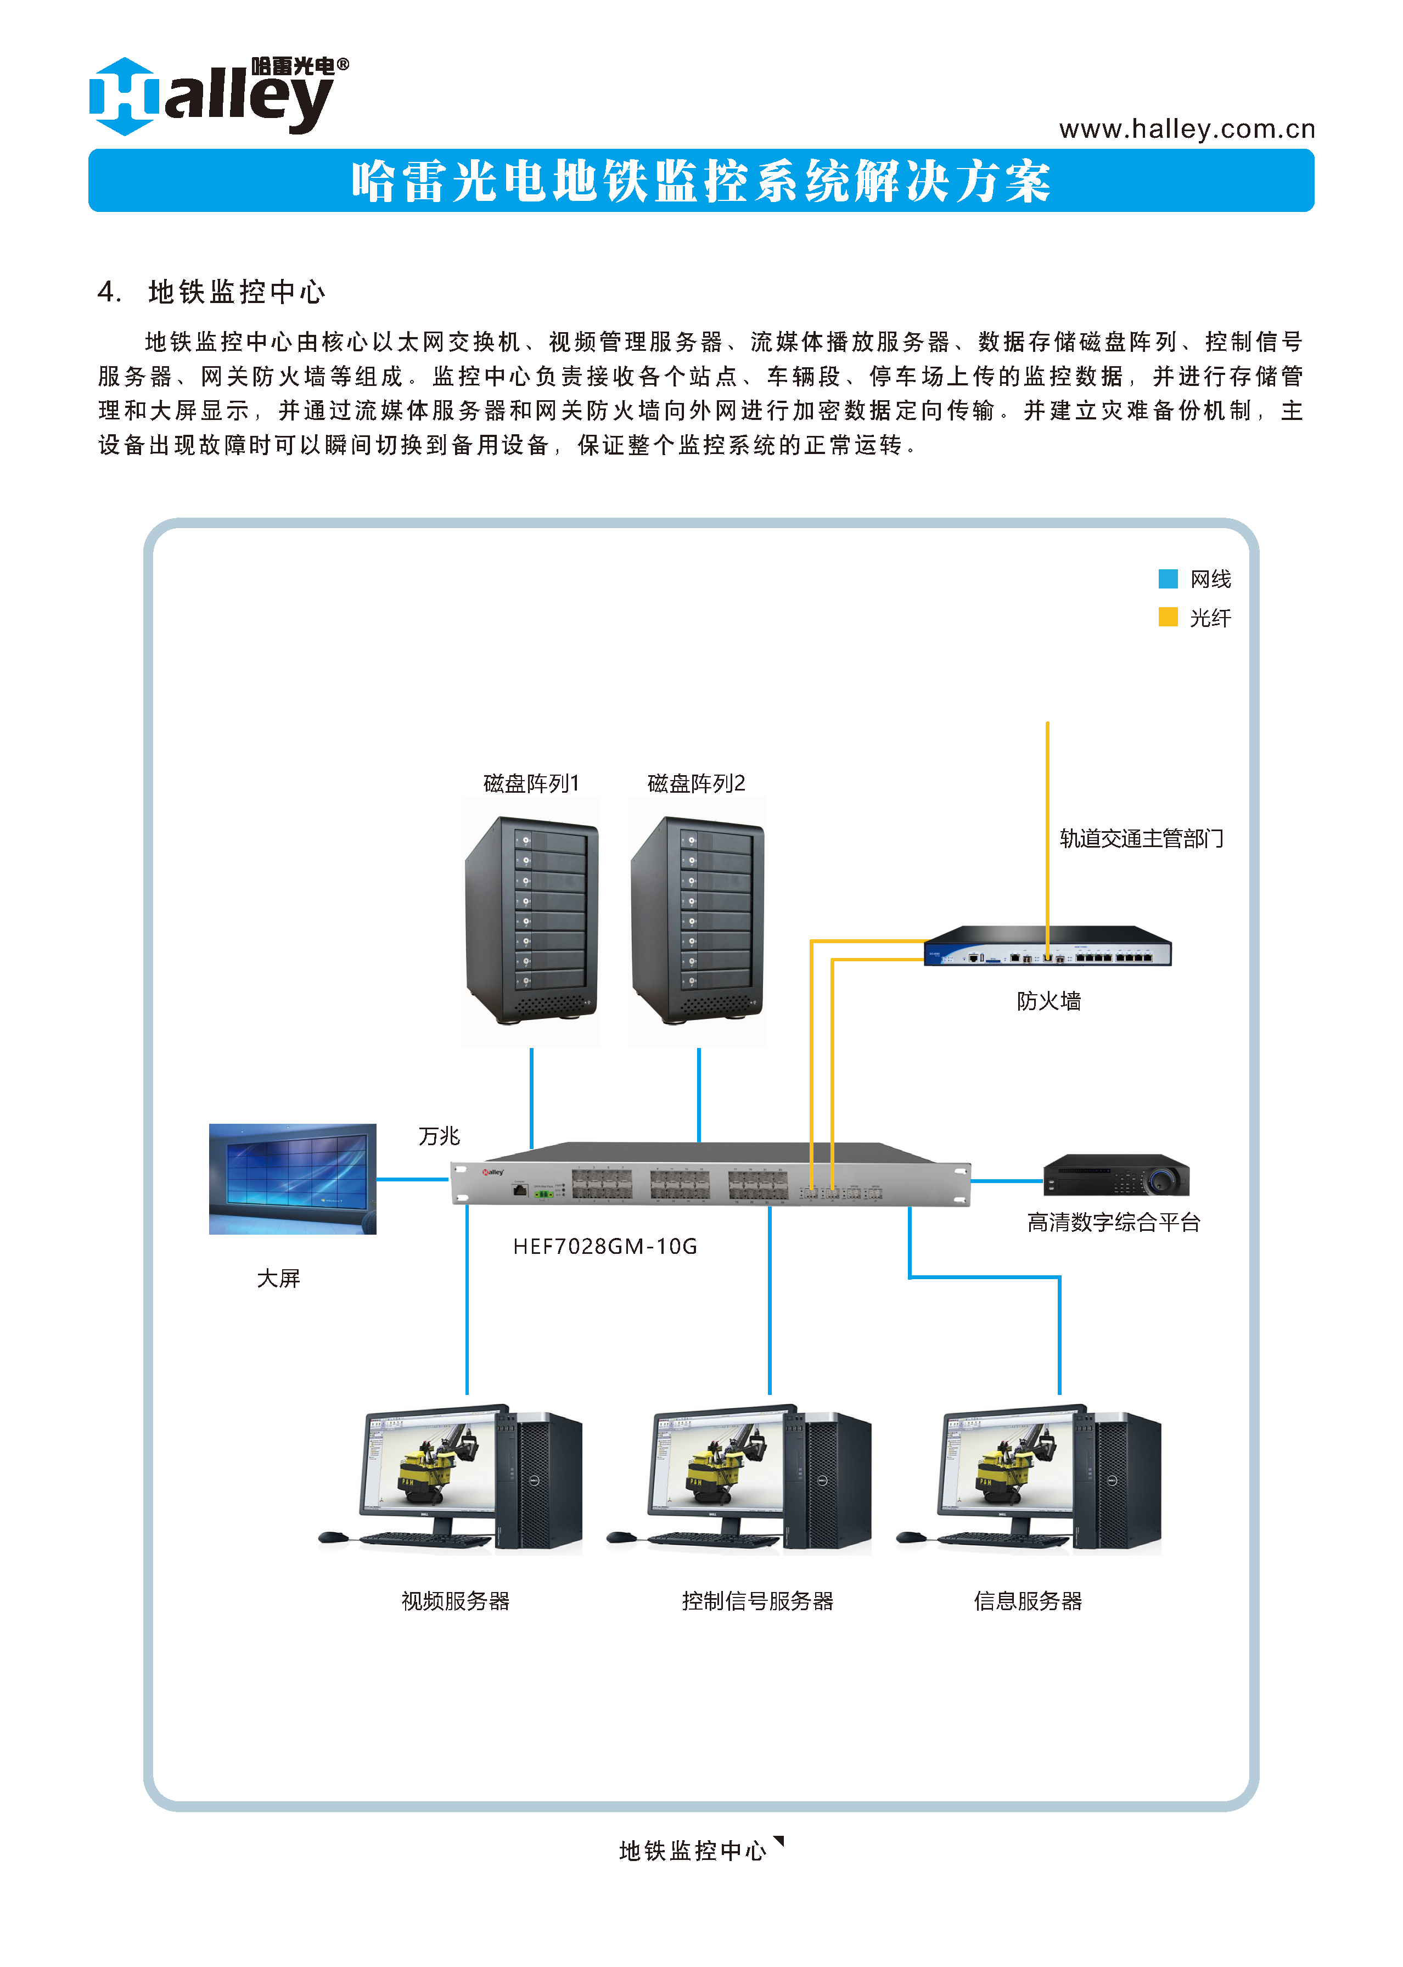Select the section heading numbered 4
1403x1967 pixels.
(212, 292)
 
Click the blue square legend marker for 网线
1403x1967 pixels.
(1167, 579)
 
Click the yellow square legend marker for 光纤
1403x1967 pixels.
(1167, 617)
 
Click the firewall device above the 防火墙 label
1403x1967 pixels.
(1047, 947)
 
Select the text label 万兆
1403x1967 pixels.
(439, 1136)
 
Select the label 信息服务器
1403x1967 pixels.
(1027, 1601)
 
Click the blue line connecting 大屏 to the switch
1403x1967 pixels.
(412, 1179)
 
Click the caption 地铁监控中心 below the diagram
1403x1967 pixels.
(693, 1851)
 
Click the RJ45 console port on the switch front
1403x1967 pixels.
(520, 1190)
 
